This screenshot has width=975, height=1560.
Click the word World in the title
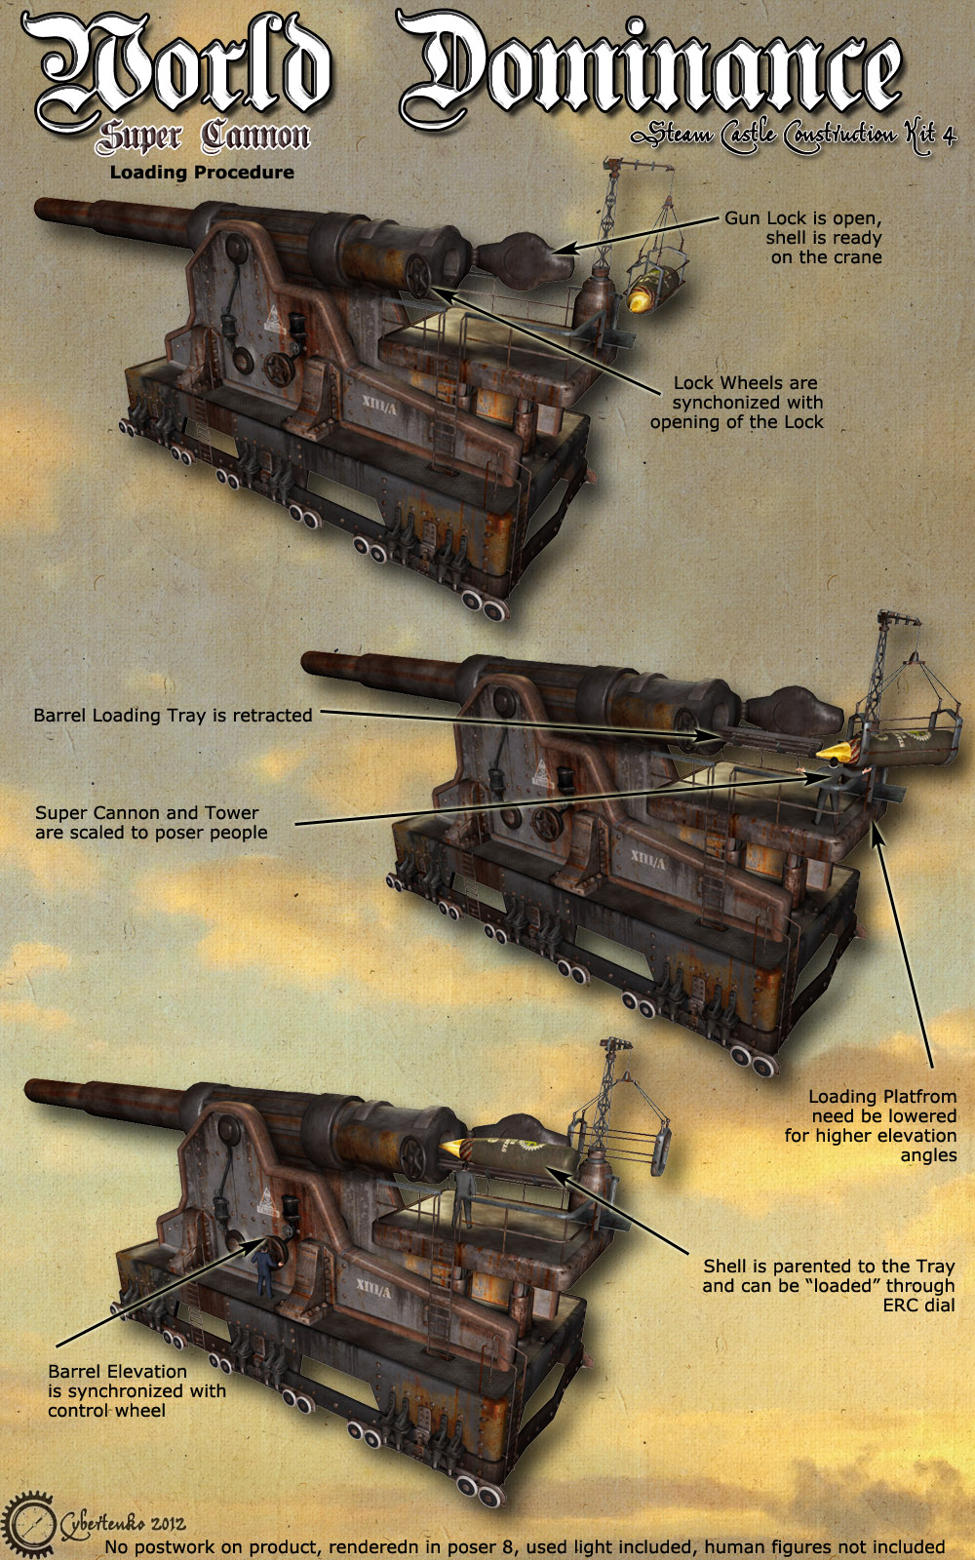pos(177,73)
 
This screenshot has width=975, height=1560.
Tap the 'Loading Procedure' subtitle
pos(202,172)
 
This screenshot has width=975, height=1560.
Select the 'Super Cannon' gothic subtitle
pos(203,136)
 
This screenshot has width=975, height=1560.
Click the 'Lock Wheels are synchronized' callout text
pos(737,403)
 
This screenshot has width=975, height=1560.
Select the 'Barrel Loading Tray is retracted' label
pos(173,716)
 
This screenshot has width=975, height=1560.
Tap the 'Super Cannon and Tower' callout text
pos(151,823)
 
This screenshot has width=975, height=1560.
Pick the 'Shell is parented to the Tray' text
pos(828,1286)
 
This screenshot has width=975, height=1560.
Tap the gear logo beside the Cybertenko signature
pos(28,1523)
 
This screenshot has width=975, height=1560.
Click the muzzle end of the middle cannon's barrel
pos(308,662)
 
